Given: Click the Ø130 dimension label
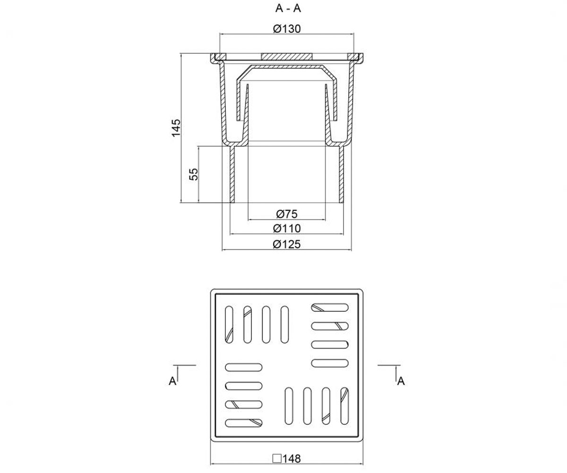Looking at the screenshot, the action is tap(287, 29).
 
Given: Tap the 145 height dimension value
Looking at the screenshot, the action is tap(176, 128).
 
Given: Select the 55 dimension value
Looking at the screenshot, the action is tap(194, 174).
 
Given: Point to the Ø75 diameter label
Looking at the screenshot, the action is tap(287, 214).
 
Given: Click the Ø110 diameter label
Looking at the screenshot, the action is tap(287, 228).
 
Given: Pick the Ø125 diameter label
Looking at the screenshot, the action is tap(287, 245).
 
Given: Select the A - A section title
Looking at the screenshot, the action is tap(288, 9).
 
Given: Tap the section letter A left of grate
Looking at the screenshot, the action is tap(172, 381).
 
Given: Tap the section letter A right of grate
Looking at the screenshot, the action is tap(401, 381).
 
